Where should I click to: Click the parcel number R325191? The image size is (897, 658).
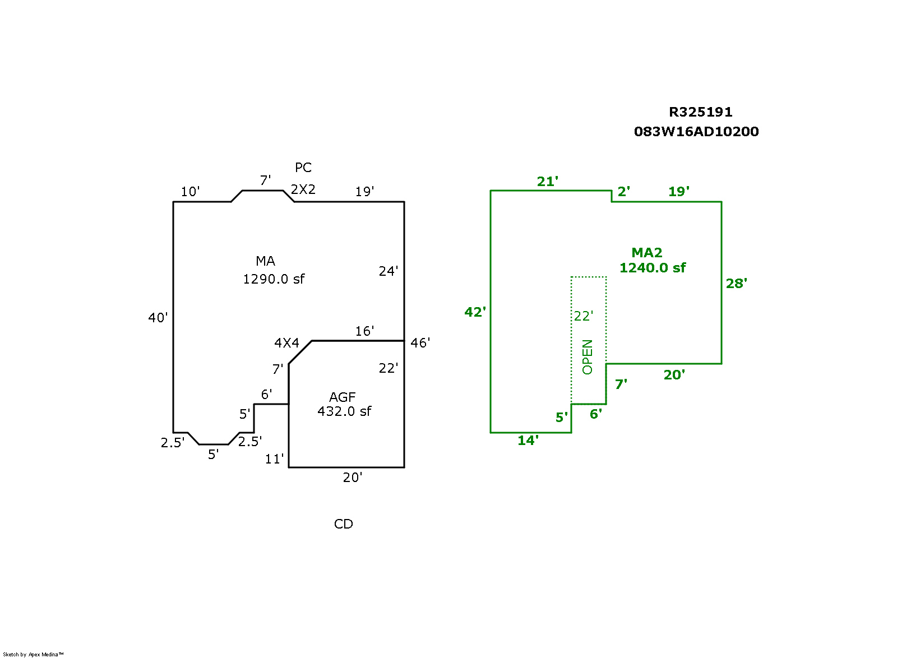click(700, 112)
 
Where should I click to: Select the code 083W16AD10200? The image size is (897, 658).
click(696, 132)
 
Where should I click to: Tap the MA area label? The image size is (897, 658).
click(265, 261)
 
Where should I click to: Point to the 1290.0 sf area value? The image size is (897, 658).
click(274, 279)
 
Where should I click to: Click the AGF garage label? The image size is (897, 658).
click(343, 397)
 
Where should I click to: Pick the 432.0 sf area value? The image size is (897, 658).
click(344, 411)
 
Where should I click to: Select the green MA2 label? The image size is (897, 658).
click(647, 253)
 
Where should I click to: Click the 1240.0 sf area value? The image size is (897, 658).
click(653, 268)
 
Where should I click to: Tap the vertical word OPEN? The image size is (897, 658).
click(587, 357)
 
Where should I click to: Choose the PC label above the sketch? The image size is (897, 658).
click(303, 168)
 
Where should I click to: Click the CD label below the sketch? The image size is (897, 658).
click(344, 524)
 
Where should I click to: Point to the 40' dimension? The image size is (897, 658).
click(158, 318)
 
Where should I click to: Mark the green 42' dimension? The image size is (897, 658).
click(475, 312)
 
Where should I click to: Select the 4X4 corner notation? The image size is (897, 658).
click(286, 343)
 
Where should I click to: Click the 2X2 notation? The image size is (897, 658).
click(303, 189)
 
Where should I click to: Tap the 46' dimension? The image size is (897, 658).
click(420, 343)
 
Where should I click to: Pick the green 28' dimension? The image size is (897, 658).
click(737, 284)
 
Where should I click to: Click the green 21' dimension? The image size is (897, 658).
click(548, 182)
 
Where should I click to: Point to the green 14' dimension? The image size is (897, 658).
click(528, 441)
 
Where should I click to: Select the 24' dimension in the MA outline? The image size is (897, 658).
click(389, 271)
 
